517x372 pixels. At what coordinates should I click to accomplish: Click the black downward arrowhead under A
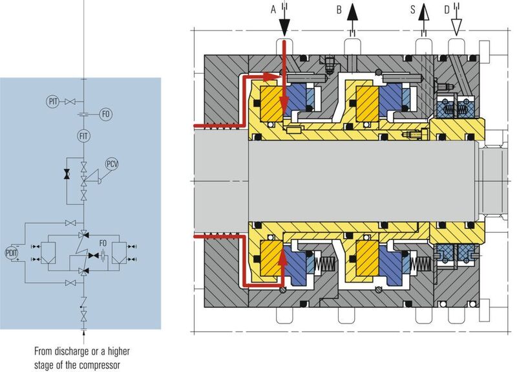[x=284, y=27]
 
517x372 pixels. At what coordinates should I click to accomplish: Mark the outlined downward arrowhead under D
[x=456, y=27]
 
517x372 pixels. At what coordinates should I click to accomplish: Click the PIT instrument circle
[x=53, y=101]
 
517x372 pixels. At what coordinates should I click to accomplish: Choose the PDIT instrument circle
[x=12, y=251]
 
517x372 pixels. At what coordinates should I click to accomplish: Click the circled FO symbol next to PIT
[x=107, y=115]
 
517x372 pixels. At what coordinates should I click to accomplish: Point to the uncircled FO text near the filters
[x=102, y=244]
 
